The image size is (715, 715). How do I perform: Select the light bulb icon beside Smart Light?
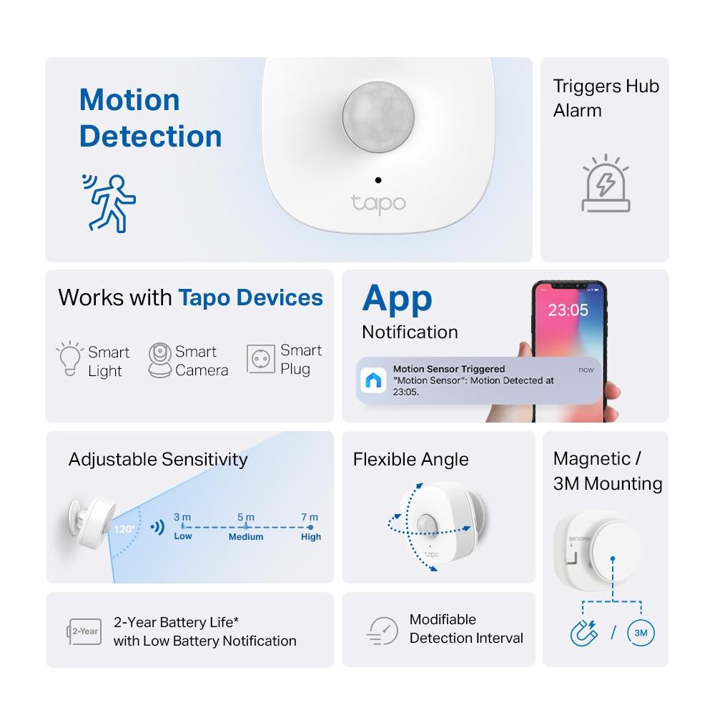[x=70, y=360]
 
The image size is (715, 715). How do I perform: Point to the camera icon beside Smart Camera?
[x=160, y=360]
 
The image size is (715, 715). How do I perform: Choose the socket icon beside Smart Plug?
[x=261, y=359]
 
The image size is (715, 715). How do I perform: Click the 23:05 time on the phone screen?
[x=568, y=310]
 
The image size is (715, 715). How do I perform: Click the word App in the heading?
[x=397, y=298]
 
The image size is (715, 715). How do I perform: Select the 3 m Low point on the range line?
[x=182, y=527]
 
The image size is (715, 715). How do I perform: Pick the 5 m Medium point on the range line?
[x=246, y=527]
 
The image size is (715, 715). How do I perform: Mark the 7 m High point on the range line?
[x=310, y=527]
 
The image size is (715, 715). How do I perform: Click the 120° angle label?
[x=123, y=530]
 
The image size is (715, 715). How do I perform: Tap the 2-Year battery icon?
[x=84, y=631]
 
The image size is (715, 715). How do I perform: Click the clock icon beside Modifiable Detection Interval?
[x=383, y=630]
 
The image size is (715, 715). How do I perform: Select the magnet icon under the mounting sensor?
[x=583, y=633]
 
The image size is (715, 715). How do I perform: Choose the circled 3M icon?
[x=641, y=633]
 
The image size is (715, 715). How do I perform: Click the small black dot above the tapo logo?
[x=378, y=180]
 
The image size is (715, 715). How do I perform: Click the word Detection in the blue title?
[x=151, y=137]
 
